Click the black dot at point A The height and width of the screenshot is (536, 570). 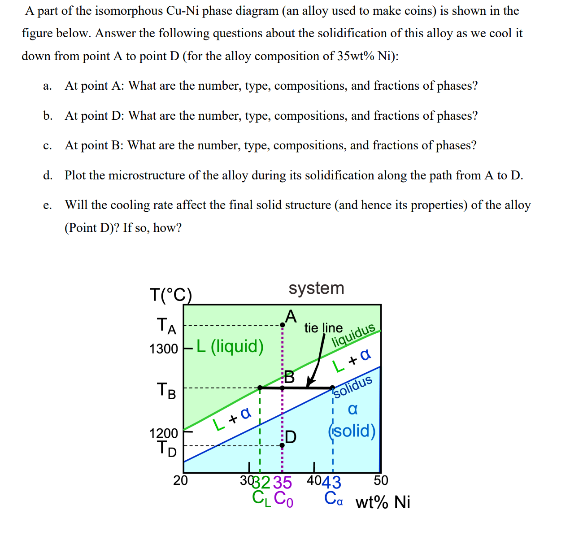(282, 325)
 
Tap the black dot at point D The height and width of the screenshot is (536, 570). (282, 445)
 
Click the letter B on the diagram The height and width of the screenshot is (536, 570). (289, 377)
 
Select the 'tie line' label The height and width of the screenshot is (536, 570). (323, 328)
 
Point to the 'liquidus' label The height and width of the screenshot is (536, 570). (353, 335)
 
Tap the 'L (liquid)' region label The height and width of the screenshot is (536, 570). (230, 346)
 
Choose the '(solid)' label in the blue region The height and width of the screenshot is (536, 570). (352, 431)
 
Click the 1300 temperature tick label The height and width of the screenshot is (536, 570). (164, 349)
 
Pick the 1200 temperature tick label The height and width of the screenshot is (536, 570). (164, 433)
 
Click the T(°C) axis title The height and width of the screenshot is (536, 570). (170, 295)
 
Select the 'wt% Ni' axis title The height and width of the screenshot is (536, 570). (383, 502)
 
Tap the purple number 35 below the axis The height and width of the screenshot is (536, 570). (283, 483)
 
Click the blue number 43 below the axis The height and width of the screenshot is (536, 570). (331, 483)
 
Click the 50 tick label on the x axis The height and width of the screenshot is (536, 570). (381, 480)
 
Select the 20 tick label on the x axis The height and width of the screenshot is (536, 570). (181, 480)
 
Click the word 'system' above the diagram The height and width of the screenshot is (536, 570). (316, 288)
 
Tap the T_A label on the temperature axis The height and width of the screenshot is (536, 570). (166, 326)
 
